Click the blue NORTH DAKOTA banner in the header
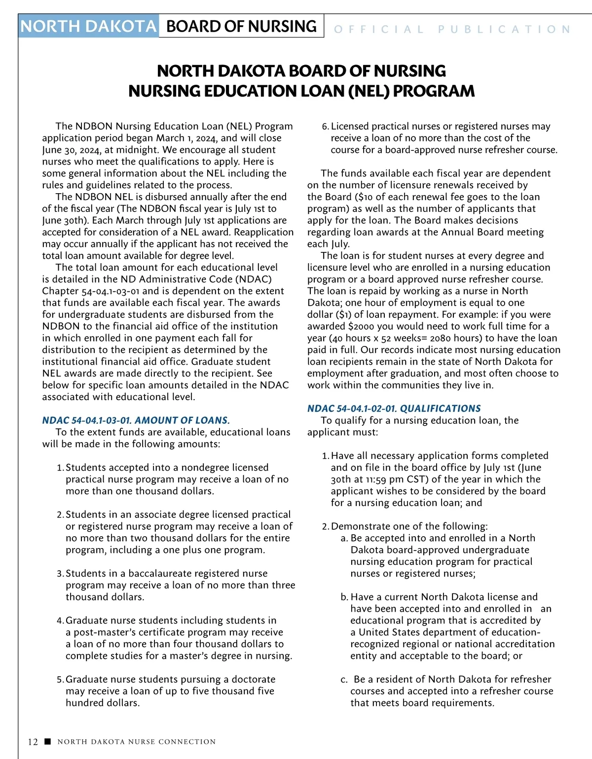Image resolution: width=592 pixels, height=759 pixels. (89, 26)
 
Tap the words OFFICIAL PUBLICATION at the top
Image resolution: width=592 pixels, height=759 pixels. (452, 30)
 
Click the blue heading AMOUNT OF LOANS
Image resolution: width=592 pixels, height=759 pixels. (182, 420)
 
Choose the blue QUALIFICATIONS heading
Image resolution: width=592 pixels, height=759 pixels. (440, 409)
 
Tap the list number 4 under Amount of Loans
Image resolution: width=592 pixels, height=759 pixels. (59, 621)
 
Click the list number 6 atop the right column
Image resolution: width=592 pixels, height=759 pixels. (325, 127)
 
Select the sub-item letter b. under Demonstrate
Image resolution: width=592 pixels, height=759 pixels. (344, 597)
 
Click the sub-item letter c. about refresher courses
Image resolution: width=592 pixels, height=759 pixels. (344, 679)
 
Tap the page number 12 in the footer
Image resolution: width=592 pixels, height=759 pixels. (33, 742)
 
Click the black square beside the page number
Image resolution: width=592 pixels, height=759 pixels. (47, 741)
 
